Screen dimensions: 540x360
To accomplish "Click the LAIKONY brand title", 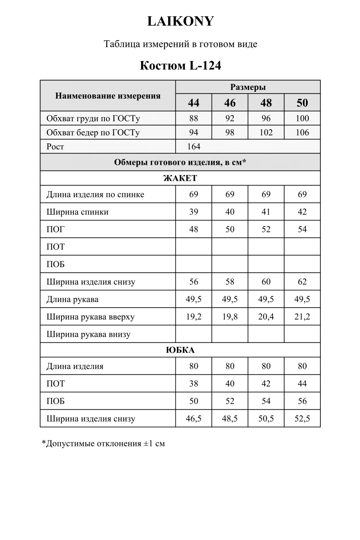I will (x=180, y=21).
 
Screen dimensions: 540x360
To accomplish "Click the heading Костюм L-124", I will (x=180, y=66).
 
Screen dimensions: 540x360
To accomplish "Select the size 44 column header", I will (x=194, y=103).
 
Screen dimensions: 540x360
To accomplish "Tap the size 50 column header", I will (x=302, y=103).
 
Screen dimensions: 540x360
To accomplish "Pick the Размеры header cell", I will (x=248, y=87).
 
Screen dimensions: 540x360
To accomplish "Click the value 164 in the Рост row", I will (x=194, y=147).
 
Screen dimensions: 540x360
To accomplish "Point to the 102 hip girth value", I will (x=266, y=133).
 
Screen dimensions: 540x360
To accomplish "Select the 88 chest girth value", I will (x=194, y=118).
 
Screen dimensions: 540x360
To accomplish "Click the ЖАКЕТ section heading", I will (x=180, y=178).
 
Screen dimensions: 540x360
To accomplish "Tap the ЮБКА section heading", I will (x=180, y=350).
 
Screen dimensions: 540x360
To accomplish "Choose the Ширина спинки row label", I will (x=78, y=212).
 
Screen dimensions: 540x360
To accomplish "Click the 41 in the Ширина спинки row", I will (x=266, y=212).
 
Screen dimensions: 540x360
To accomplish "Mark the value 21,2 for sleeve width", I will (x=302, y=317).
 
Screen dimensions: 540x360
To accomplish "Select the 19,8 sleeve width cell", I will (x=230, y=317).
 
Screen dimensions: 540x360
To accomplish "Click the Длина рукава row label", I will (x=72, y=299).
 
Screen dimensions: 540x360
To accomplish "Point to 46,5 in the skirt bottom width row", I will (x=194, y=419).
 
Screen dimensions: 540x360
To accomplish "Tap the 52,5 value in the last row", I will (x=302, y=419).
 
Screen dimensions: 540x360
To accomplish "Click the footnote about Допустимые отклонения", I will (x=103, y=444).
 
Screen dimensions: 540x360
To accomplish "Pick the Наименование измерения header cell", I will (x=108, y=96).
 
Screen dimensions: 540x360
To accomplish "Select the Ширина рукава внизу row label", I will (x=88, y=334).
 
